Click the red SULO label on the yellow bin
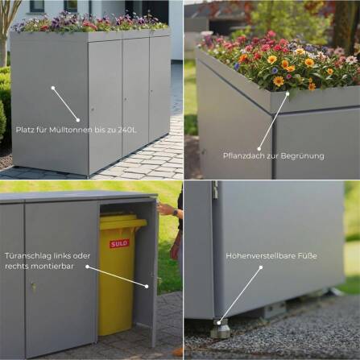point(119,242)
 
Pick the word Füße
point(307,255)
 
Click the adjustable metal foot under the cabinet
point(220,329)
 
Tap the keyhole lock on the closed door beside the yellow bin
point(33,287)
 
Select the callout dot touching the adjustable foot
point(220,321)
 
